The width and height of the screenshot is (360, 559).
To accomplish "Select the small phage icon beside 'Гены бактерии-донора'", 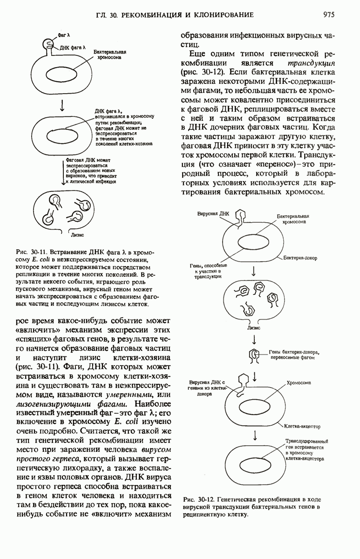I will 255,355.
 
